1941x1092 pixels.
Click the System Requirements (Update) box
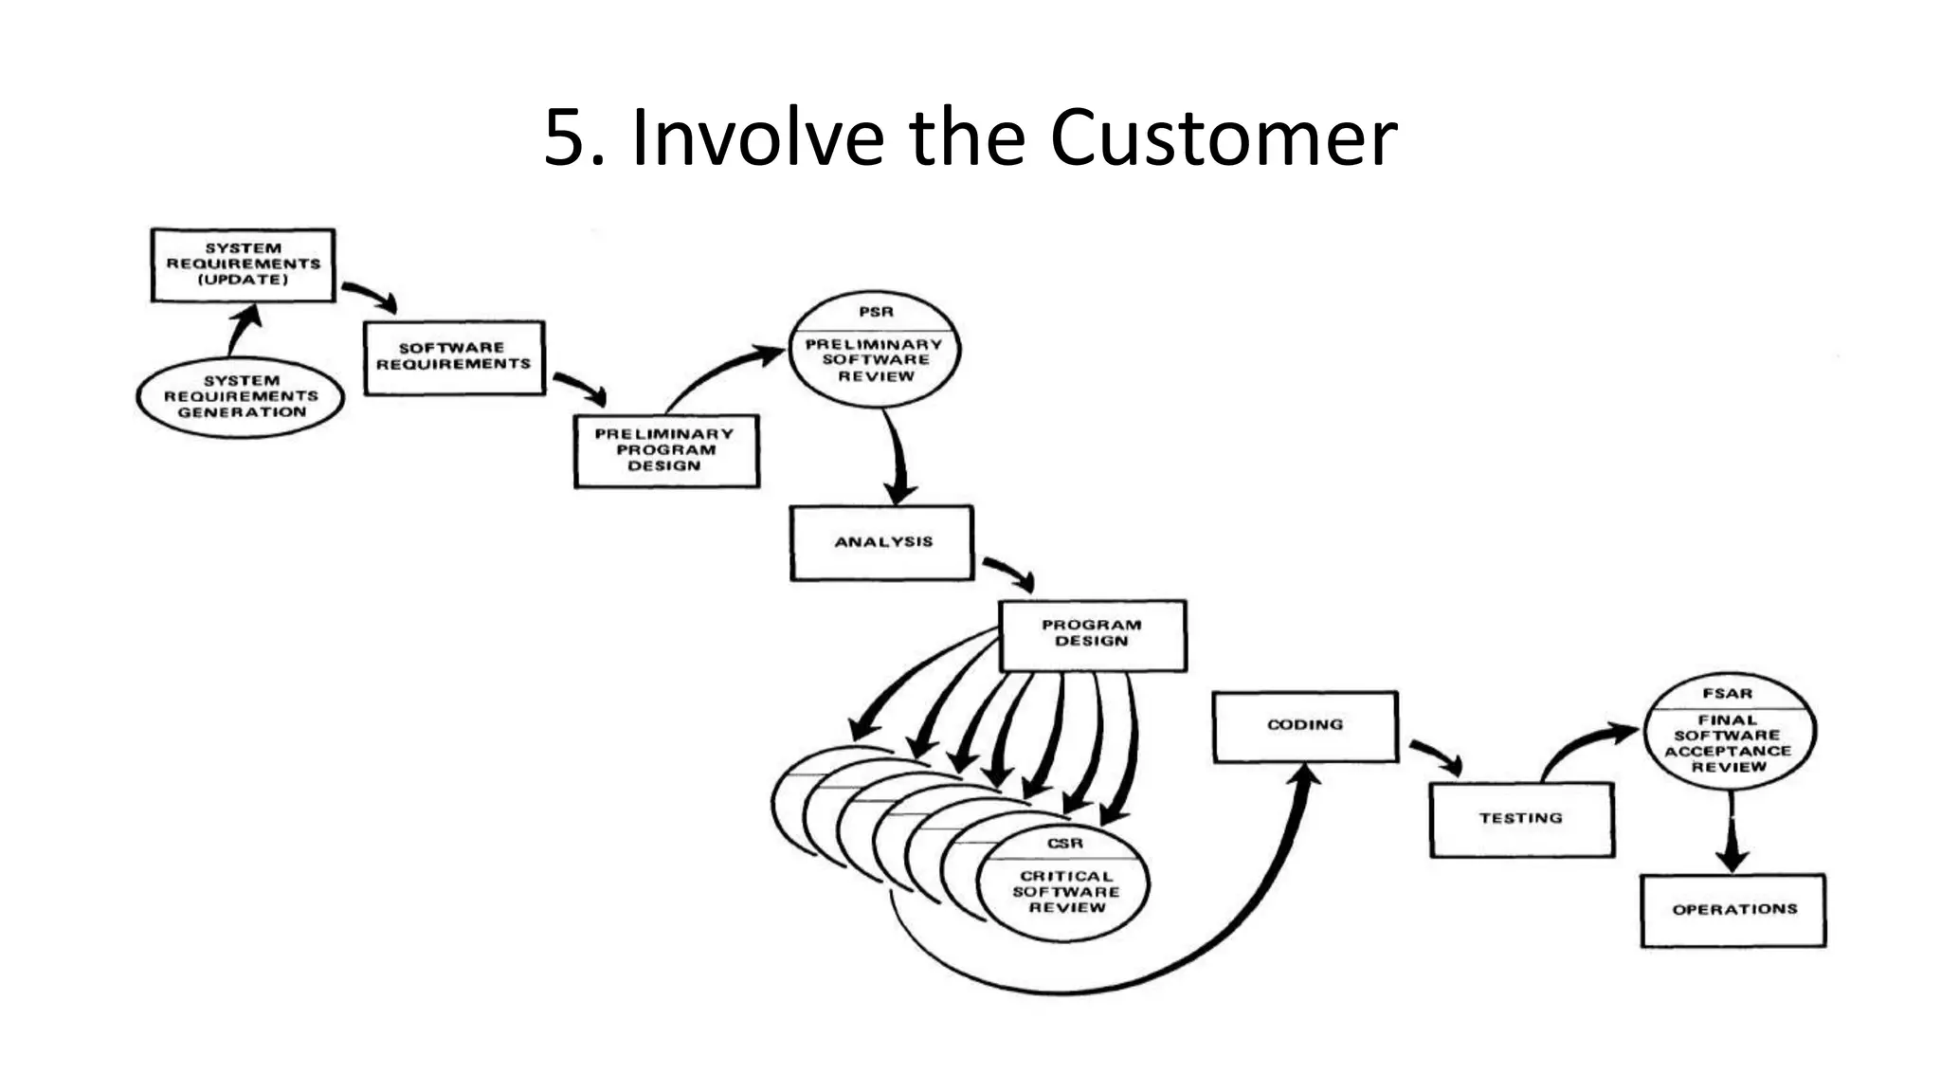coord(244,264)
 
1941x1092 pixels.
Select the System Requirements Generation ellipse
coord(241,396)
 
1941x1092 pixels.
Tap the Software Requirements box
coord(454,356)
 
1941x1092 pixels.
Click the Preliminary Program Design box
coord(665,450)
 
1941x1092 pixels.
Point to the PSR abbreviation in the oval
coord(876,312)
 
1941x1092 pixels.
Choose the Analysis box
coord(882,542)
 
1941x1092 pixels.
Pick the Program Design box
coord(1092,634)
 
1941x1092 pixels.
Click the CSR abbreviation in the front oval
coord(1065,843)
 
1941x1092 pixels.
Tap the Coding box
coord(1305,725)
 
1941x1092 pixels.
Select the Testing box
coord(1521,818)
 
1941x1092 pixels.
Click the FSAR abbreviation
coord(1728,693)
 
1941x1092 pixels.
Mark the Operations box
coord(1733,910)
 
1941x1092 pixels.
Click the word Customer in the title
coord(1223,138)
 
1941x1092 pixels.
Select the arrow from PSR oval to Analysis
coord(897,460)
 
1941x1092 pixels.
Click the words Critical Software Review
coord(1066,892)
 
